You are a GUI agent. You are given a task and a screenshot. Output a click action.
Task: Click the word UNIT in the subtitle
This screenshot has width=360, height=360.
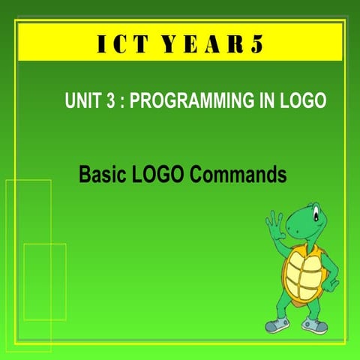pos(82,102)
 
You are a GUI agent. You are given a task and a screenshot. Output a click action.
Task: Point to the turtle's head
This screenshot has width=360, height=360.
pos(307,217)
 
